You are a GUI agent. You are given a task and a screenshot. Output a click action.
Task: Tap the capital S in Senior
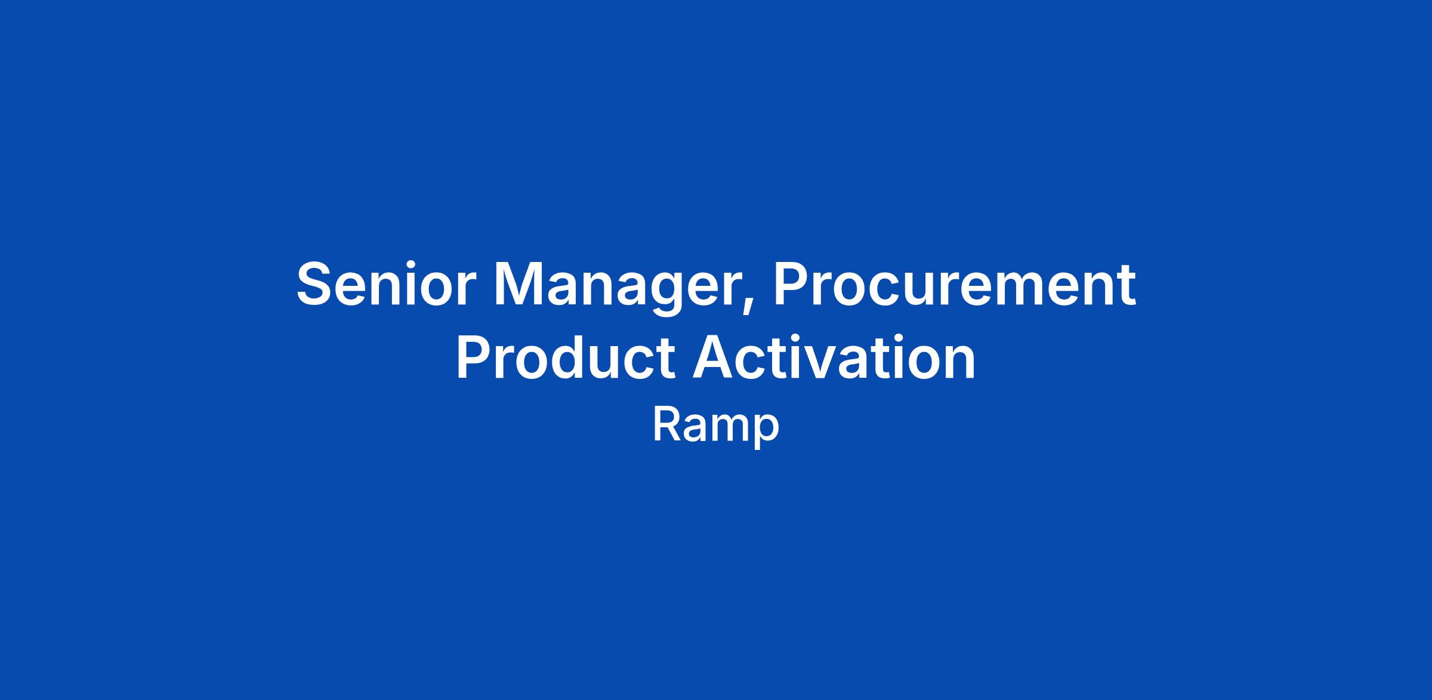(314, 284)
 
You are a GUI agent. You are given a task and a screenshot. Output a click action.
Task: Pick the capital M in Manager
(520, 284)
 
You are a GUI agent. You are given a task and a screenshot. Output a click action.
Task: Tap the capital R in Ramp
(666, 424)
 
